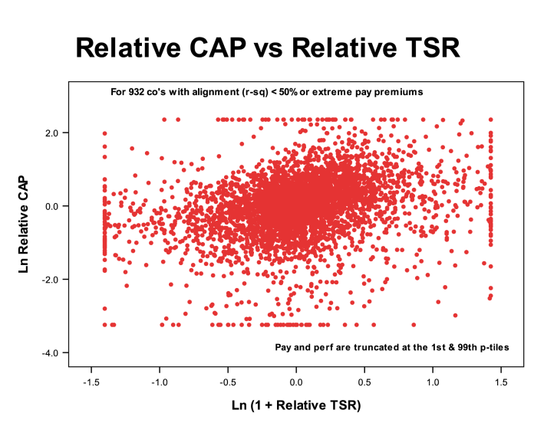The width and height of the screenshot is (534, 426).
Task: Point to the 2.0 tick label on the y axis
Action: coord(51,133)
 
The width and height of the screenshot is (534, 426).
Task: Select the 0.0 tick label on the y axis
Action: coord(51,206)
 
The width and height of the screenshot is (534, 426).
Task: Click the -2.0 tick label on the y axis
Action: coord(48,280)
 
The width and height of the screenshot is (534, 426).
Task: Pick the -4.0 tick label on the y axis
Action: coord(48,352)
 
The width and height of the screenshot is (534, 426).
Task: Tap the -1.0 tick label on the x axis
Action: coord(159,381)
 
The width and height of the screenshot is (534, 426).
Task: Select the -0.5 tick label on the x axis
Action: coord(227,381)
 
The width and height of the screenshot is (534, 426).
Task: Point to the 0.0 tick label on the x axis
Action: coord(296,381)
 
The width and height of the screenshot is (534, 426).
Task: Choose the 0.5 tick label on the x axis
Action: coord(364,381)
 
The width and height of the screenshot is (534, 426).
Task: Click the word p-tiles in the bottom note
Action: coord(479,347)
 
